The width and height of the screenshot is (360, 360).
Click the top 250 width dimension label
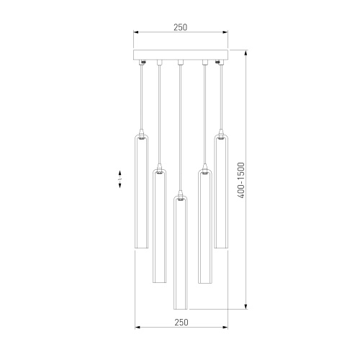[180, 27]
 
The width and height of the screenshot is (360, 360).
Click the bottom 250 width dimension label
[181, 323]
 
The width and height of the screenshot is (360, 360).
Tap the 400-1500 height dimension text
[240, 180]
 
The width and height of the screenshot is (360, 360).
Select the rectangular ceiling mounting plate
[181, 55]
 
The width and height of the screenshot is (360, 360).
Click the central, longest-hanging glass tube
[181, 253]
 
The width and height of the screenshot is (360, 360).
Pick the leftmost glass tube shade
[141, 192]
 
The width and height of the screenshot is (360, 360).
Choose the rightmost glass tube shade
[221, 192]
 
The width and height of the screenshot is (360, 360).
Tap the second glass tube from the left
[159, 226]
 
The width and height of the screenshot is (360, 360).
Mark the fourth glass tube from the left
[205, 226]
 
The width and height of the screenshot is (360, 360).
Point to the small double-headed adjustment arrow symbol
[120, 179]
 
